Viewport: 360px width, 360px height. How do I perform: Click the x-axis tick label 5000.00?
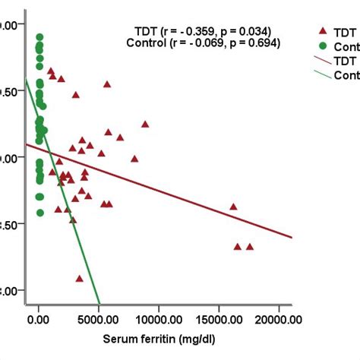tap(99, 321)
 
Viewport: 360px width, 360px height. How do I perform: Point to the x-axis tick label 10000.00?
tap(159, 321)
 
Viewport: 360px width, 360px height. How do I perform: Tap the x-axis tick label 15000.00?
tap(219, 321)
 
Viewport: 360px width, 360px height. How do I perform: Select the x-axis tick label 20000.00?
tap(279, 321)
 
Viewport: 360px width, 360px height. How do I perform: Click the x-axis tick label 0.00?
tap(39, 321)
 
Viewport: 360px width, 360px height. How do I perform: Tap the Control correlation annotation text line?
tap(203, 43)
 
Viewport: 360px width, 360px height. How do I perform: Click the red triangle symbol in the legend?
tap(322, 31)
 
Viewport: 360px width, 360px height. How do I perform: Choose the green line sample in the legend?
tap(322, 74)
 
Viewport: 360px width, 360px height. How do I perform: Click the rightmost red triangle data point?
tap(250, 246)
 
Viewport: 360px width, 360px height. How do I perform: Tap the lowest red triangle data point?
tap(79, 279)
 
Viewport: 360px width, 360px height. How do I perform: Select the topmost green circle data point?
tap(39, 37)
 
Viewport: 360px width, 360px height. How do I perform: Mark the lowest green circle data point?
tap(39, 213)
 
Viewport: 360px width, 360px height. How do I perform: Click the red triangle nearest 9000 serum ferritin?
tap(145, 124)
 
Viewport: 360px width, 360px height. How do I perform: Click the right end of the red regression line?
tap(292, 237)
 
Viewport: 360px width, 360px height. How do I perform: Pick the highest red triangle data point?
tap(51, 71)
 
